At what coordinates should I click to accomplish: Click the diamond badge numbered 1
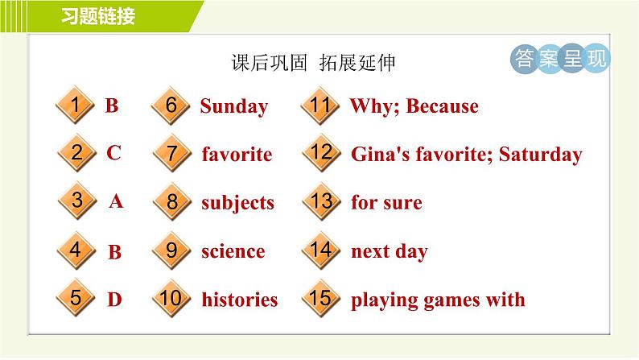pyautogui.click(x=74, y=106)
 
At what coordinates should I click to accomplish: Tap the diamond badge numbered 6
pyautogui.click(x=171, y=106)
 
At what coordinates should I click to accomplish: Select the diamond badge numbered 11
pyautogui.click(x=320, y=106)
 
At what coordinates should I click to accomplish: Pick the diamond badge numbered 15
pyautogui.click(x=320, y=299)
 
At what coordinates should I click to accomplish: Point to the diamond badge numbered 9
pyautogui.click(x=171, y=250)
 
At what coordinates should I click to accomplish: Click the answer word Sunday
pyautogui.click(x=233, y=106)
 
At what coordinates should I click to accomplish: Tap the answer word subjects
pyautogui.click(x=238, y=203)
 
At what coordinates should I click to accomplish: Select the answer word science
pyautogui.click(x=233, y=251)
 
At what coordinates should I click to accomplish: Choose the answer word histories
pyautogui.click(x=240, y=300)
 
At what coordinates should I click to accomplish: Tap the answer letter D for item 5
pyautogui.click(x=114, y=300)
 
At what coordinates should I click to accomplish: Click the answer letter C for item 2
pyautogui.click(x=113, y=153)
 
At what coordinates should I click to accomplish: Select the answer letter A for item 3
pyautogui.click(x=116, y=202)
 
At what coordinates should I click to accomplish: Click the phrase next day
pyautogui.click(x=389, y=251)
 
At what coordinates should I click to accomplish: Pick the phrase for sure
pyautogui.click(x=386, y=203)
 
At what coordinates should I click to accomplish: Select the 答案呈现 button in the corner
pyautogui.click(x=560, y=59)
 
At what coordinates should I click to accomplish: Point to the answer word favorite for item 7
pyautogui.click(x=237, y=154)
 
